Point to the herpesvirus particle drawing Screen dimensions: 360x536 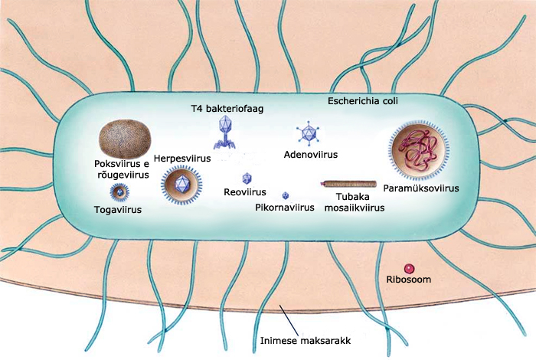(x=181, y=184)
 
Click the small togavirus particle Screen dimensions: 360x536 (x=119, y=191)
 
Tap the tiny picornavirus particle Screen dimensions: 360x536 (x=286, y=196)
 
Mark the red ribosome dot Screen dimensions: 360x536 (x=409, y=269)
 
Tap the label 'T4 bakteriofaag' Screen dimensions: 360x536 (x=227, y=109)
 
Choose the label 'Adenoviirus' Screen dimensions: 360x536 (x=310, y=154)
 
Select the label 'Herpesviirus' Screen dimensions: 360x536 (x=181, y=158)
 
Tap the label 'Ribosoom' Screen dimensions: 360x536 (x=409, y=281)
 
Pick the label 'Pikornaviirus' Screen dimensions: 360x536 (x=285, y=208)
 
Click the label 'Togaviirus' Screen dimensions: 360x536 (x=119, y=208)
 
